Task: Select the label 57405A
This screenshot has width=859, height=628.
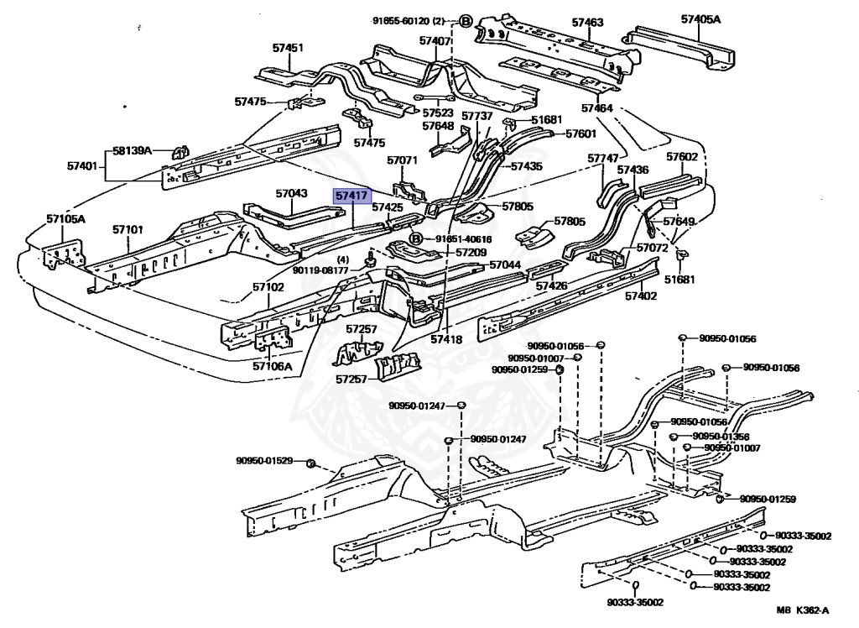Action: (x=700, y=19)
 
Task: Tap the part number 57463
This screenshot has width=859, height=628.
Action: (x=587, y=23)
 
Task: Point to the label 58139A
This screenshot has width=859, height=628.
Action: (x=132, y=150)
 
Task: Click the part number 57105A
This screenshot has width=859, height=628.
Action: (x=65, y=219)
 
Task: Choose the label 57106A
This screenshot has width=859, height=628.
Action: (x=273, y=366)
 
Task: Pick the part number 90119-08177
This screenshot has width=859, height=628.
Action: (x=320, y=270)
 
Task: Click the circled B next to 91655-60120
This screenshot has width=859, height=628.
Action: (x=465, y=21)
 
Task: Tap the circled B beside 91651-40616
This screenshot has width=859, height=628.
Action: (x=416, y=239)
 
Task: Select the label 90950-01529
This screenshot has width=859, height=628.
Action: (x=264, y=461)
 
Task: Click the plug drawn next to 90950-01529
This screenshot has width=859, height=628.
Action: (x=310, y=464)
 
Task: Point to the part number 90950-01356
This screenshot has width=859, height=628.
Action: (x=721, y=437)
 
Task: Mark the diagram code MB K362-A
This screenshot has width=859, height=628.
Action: (x=803, y=610)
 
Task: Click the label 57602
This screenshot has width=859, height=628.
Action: (x=682, y=157)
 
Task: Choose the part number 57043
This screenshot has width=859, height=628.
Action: (x=291, y=193)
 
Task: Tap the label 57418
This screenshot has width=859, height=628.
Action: (x=446, y=339)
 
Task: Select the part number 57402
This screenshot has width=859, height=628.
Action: (x=641, y=296)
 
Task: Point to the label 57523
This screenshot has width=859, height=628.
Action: (x=438, y=113)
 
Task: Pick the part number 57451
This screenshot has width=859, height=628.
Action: (x=288, y=48)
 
